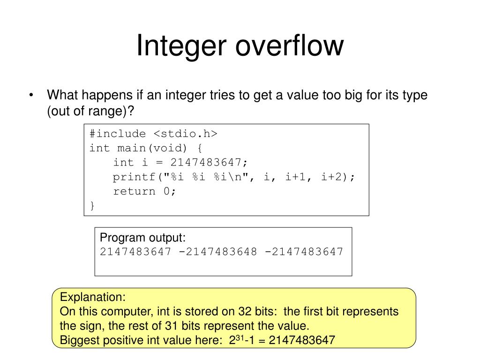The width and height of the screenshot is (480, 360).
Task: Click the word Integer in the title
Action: point(180,46)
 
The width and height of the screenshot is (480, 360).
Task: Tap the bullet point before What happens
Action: point(31,96)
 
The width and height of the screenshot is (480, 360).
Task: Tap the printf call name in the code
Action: point(134,177)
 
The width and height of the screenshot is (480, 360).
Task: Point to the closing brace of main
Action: point(92,205)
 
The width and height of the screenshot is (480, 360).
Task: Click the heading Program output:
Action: point(143,238)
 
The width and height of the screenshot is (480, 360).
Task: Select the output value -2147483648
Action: point(218,252)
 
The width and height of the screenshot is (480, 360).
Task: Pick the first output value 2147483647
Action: point(135,252)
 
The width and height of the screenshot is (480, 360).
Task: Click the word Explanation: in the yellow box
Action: point(93,297)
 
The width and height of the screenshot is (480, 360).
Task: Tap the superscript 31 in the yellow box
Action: point(239,337)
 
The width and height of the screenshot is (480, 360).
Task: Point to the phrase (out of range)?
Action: point(90,112)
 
